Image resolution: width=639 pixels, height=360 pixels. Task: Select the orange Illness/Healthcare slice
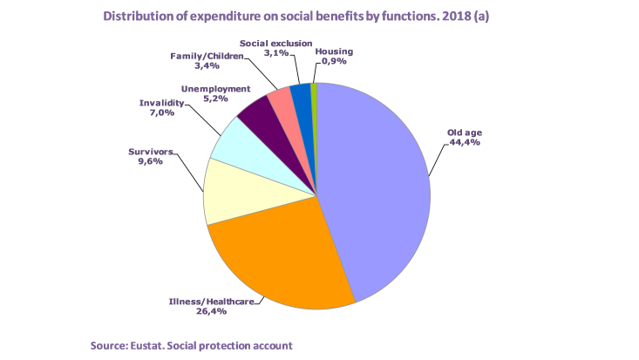coord(279,262)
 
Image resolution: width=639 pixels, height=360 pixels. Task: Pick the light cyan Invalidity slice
coord(235,148)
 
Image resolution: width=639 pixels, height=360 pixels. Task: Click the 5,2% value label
coord(215,99)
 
